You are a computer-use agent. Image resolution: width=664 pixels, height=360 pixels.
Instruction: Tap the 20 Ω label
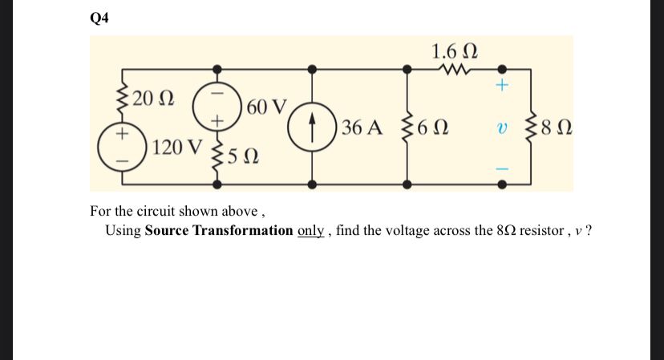(x=152, y=99)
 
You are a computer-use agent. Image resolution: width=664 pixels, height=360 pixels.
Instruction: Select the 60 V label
(x=269, y=106)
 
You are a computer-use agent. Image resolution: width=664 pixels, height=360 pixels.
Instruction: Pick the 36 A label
(x=362, y=127)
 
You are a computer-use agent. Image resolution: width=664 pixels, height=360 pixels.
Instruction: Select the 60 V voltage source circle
(x=216, y=104)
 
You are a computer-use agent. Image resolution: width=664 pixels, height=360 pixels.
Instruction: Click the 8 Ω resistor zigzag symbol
(x=529, y=127)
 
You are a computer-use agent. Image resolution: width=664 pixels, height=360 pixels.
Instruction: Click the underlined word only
(x=310, y=231)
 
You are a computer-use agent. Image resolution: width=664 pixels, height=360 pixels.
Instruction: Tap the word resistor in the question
(x=541, y=231)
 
